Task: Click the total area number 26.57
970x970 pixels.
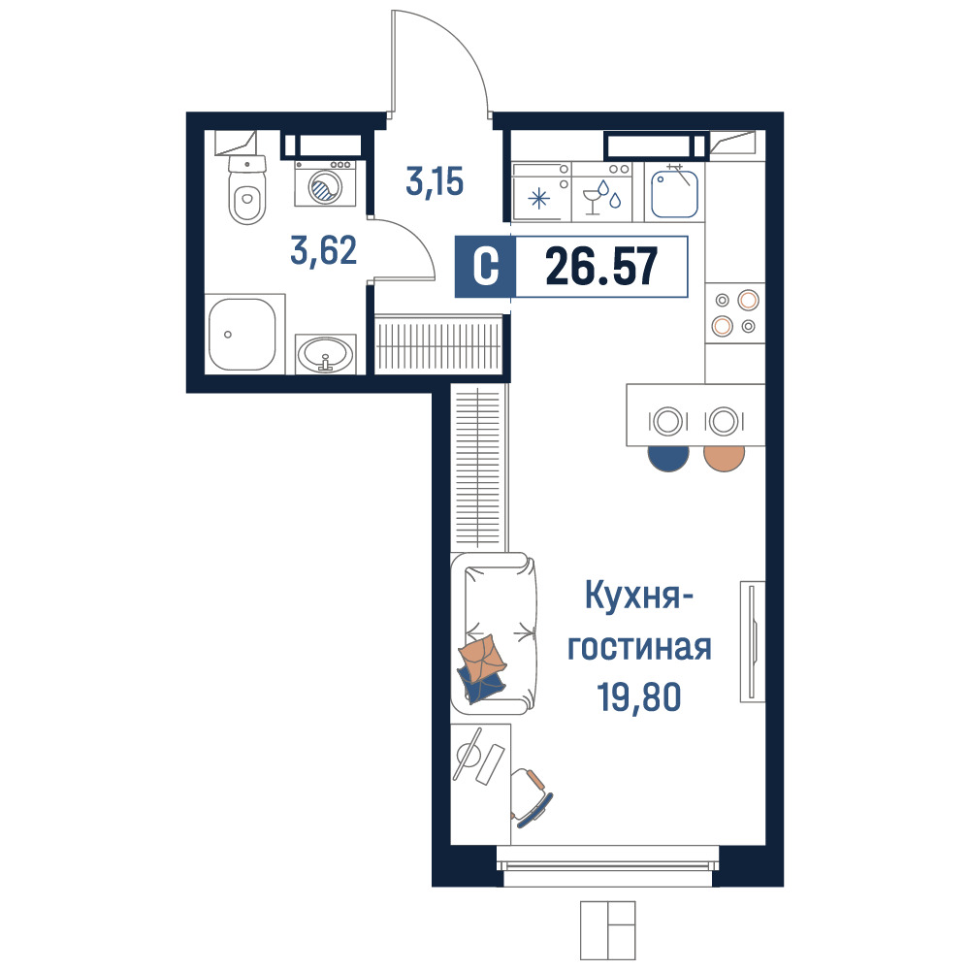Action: coord(601,267)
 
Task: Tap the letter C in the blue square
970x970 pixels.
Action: coord(486,267)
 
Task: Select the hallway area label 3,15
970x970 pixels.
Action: coord(435,181)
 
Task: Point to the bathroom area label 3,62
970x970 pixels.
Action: coord(324,250)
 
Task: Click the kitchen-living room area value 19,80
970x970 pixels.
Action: coord(638,696)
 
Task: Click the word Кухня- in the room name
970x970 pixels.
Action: coord(639,596)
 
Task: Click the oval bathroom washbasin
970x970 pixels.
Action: coord(325,354)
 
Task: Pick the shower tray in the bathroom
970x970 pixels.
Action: coord(242,334)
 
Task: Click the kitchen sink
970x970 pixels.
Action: coord(674,193)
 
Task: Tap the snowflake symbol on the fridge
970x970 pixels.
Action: coord(538,199)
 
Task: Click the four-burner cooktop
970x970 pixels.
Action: coord(735,313)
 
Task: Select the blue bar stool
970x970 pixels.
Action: coord(668,459)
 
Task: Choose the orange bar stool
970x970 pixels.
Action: coord(725,459)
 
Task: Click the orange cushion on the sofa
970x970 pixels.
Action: coord(482,659)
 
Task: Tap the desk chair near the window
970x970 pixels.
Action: coord(532,797)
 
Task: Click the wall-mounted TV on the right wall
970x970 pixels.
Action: coord(753,641)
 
